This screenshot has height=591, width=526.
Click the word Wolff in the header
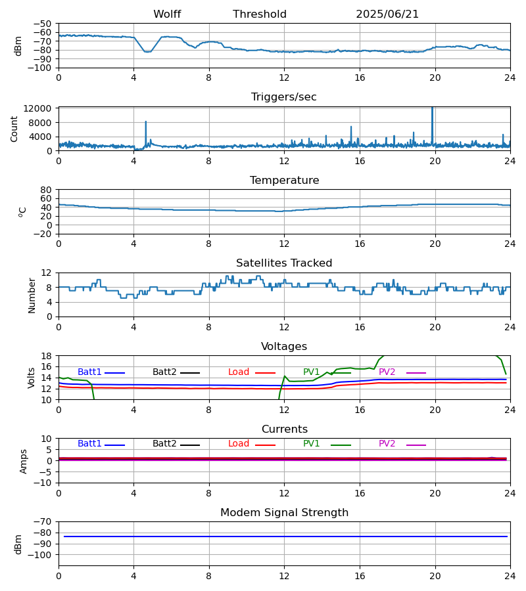tap(167, 14)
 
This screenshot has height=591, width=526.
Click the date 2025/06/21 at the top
tap(387, 14)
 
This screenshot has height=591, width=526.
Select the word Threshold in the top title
tap(260, 14)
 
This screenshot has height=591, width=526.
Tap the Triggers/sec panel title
tap(284, 97)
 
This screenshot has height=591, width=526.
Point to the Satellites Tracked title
tap(284, 263)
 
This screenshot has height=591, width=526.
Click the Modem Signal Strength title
tap(284, 512)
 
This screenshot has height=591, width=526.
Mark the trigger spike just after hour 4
tap(146, 121)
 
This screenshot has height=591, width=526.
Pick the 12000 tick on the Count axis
tap(37, 108)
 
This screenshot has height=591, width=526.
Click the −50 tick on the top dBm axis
tap(42, 24)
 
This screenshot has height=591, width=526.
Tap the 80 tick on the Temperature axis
tap(46, 190)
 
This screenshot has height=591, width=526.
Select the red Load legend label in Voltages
tap(239, 372)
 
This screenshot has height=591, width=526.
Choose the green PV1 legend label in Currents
tap(311, 443)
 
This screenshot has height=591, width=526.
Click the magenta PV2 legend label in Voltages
tap(387, 372)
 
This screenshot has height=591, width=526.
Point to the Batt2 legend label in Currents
tap(164, 443)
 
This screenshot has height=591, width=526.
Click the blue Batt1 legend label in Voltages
tap(89, 372)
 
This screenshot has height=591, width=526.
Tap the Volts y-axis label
tap(32, 378)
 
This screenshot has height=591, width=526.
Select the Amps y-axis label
tap(24, 461)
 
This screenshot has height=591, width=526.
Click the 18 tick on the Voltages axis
tap(46, 356)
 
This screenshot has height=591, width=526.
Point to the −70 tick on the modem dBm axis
tap(42, 522)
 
